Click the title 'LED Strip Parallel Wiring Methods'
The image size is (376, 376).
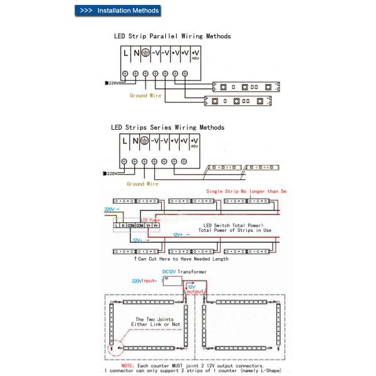click(172, 36)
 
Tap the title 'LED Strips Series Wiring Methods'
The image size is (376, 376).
click(167, 127)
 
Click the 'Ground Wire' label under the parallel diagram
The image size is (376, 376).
click(145, 96)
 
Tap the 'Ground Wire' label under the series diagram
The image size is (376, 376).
click(142, 184)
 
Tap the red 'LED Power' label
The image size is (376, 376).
click(151, 220)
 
